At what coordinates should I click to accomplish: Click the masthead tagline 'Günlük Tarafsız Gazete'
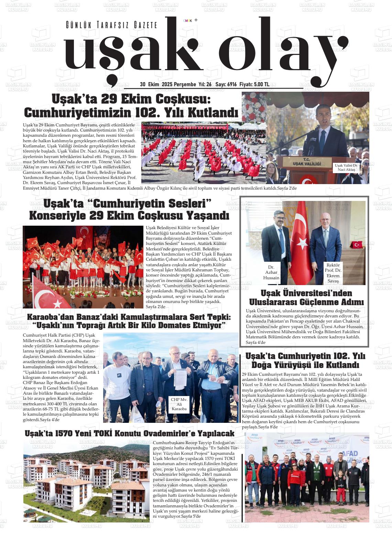coord(111,25)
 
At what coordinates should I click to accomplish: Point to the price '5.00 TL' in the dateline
coord(261,84)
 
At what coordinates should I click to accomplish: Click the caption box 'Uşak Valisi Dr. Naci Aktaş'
coord(346,168)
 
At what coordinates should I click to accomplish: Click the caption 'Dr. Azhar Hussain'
coord(271,272)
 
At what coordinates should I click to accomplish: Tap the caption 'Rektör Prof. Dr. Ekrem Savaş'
coord(333,273)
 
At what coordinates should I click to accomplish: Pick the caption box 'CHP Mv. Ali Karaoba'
coord(179,404)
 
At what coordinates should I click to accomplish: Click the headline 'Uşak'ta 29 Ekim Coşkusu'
coord(131,99)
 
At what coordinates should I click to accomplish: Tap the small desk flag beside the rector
coord(357,245)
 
